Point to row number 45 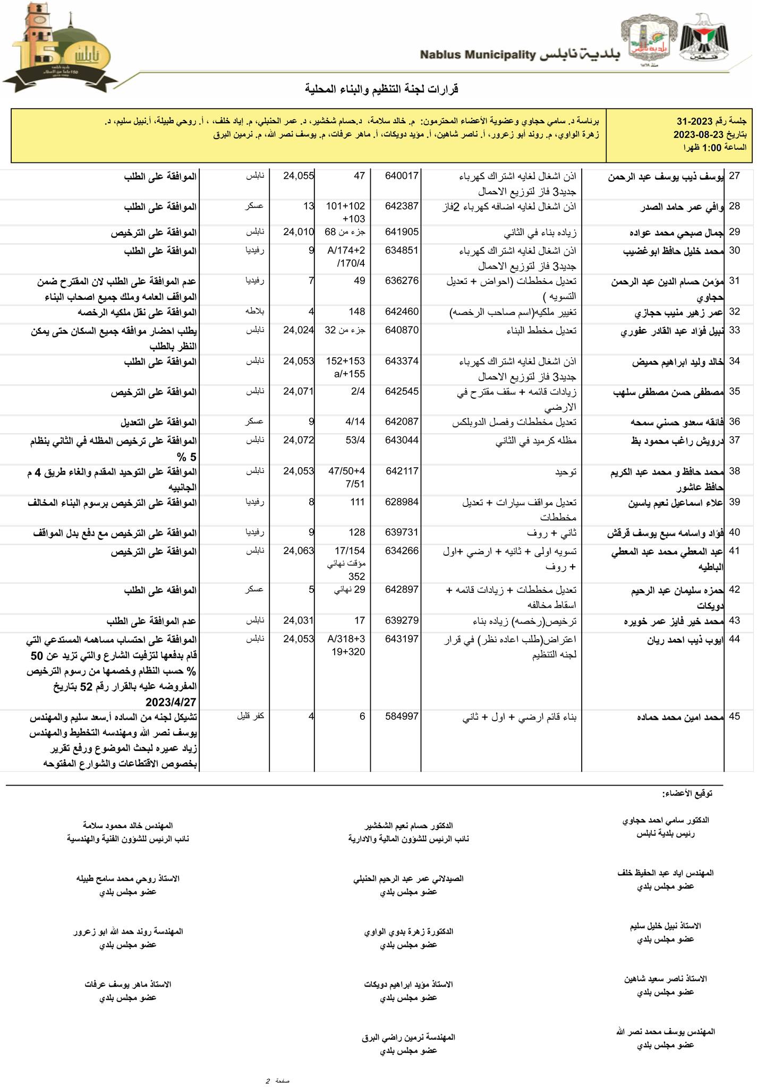(x=734, y=717)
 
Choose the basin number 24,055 (x=299, y=176)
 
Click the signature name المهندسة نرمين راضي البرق (x=408, y=1037)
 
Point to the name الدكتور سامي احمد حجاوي (x=666, y=820)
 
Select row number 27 (x=734, y=176)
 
